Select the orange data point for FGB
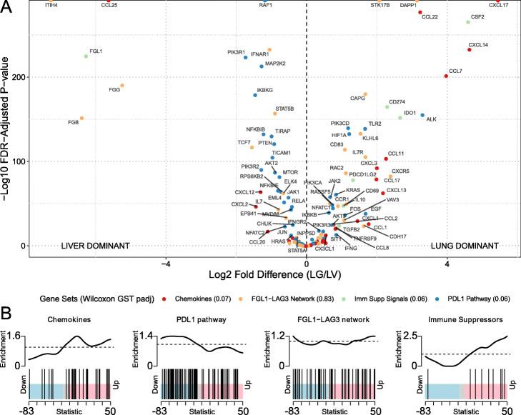81,118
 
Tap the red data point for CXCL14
469,50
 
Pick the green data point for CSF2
468,22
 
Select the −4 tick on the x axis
166,263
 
